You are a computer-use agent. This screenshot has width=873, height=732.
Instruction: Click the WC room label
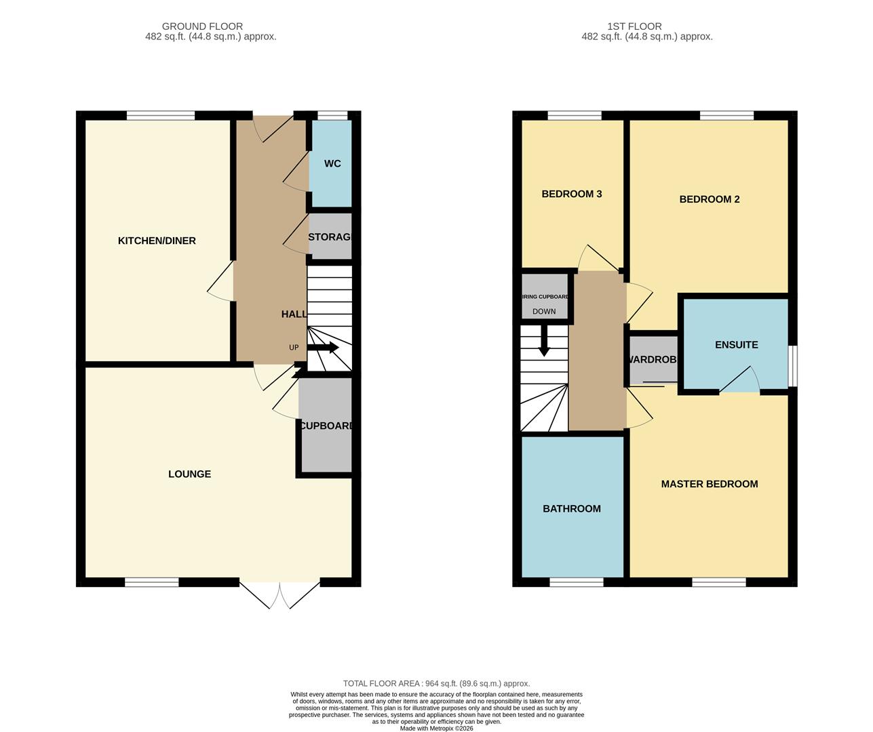(x=332, y=163)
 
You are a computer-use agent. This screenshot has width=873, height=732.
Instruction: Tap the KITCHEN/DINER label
(x=157, y=241)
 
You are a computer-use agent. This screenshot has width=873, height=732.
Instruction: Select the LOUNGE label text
(x=189, y=474)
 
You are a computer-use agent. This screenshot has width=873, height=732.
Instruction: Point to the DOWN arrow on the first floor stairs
(x=543, y=342)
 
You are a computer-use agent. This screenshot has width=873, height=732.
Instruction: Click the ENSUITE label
(x=736, y=344)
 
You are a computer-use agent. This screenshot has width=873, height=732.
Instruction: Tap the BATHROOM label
(x=571, y=508)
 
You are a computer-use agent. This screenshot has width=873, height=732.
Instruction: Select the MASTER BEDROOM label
(x=709, y=484)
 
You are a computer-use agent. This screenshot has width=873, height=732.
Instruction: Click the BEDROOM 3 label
(x=571, y=194)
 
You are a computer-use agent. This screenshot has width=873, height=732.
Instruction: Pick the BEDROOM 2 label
(x=709, y=199)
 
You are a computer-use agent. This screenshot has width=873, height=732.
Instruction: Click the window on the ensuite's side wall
(x=792, y=367)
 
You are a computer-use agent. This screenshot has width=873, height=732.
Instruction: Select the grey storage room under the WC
(x=330, y=237)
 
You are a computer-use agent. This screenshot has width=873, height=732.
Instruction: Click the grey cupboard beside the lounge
(x=326, y=426)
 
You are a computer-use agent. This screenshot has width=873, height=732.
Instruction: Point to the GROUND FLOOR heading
(x=202, y=26)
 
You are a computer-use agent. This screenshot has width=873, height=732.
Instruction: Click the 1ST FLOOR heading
(x=634, y=26)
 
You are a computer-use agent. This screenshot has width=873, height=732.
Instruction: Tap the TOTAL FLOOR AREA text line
(x=436, y=684)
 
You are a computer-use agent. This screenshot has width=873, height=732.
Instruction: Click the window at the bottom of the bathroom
(x=576, y=582)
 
